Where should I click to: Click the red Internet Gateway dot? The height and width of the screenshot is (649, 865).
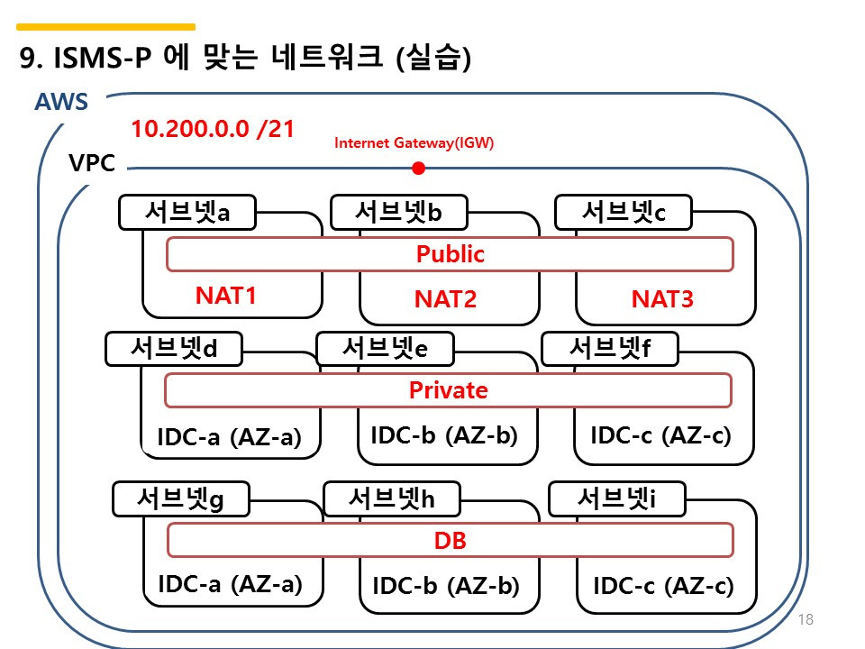[418, 168]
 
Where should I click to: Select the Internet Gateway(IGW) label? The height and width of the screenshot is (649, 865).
[414, 142]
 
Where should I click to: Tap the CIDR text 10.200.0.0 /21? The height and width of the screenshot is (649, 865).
[213, 128]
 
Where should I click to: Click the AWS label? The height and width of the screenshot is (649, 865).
[61, 102]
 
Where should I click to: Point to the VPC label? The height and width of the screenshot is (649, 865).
[92, 165]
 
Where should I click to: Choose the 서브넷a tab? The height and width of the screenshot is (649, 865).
[187, 213]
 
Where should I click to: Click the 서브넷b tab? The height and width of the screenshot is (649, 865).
[398, 213]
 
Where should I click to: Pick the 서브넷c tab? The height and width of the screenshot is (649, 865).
[623, 213]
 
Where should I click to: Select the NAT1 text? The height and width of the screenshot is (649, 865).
[226, 296]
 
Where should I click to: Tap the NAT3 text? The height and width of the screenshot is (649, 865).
[662, 299]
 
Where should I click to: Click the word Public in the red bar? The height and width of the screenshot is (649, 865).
[450, 254]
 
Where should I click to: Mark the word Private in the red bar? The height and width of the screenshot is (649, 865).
[448, 390]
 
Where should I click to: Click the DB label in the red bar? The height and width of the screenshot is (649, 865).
[450, 541]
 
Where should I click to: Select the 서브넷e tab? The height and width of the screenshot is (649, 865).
[385, 349]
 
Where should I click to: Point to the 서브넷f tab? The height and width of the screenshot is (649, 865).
[609, 349]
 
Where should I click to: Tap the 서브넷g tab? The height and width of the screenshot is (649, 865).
[180, 498]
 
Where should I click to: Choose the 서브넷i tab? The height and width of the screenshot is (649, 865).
[616, 498]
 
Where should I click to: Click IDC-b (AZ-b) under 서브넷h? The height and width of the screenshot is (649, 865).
[446, 586]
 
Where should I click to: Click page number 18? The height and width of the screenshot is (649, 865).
[806, 619]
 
